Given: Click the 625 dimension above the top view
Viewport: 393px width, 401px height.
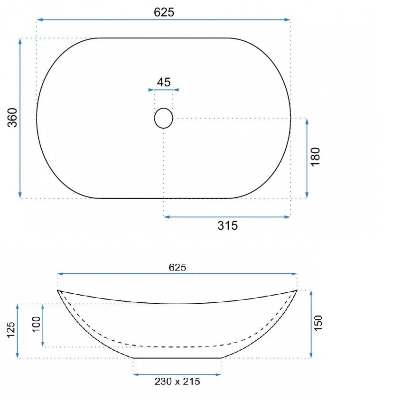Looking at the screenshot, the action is tap(164, 12).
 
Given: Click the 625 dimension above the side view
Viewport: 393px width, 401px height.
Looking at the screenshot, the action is tap(178, 268).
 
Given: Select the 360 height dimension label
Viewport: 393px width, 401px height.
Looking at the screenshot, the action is tap(12, 118).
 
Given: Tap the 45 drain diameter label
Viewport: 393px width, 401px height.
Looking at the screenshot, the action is tap(164, 82).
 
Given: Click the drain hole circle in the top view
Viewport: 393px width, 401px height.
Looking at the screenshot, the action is tap(163, 118).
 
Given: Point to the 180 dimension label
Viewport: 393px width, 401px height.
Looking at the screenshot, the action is tap(315, 157).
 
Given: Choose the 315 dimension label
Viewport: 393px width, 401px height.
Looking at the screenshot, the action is tap(228, 225).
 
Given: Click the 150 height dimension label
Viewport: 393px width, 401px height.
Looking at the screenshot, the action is tap(318, 323).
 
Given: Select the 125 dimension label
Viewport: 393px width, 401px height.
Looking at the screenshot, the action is tap(11, 330).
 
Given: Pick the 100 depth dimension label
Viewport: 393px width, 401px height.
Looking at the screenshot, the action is tap(37, 324).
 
